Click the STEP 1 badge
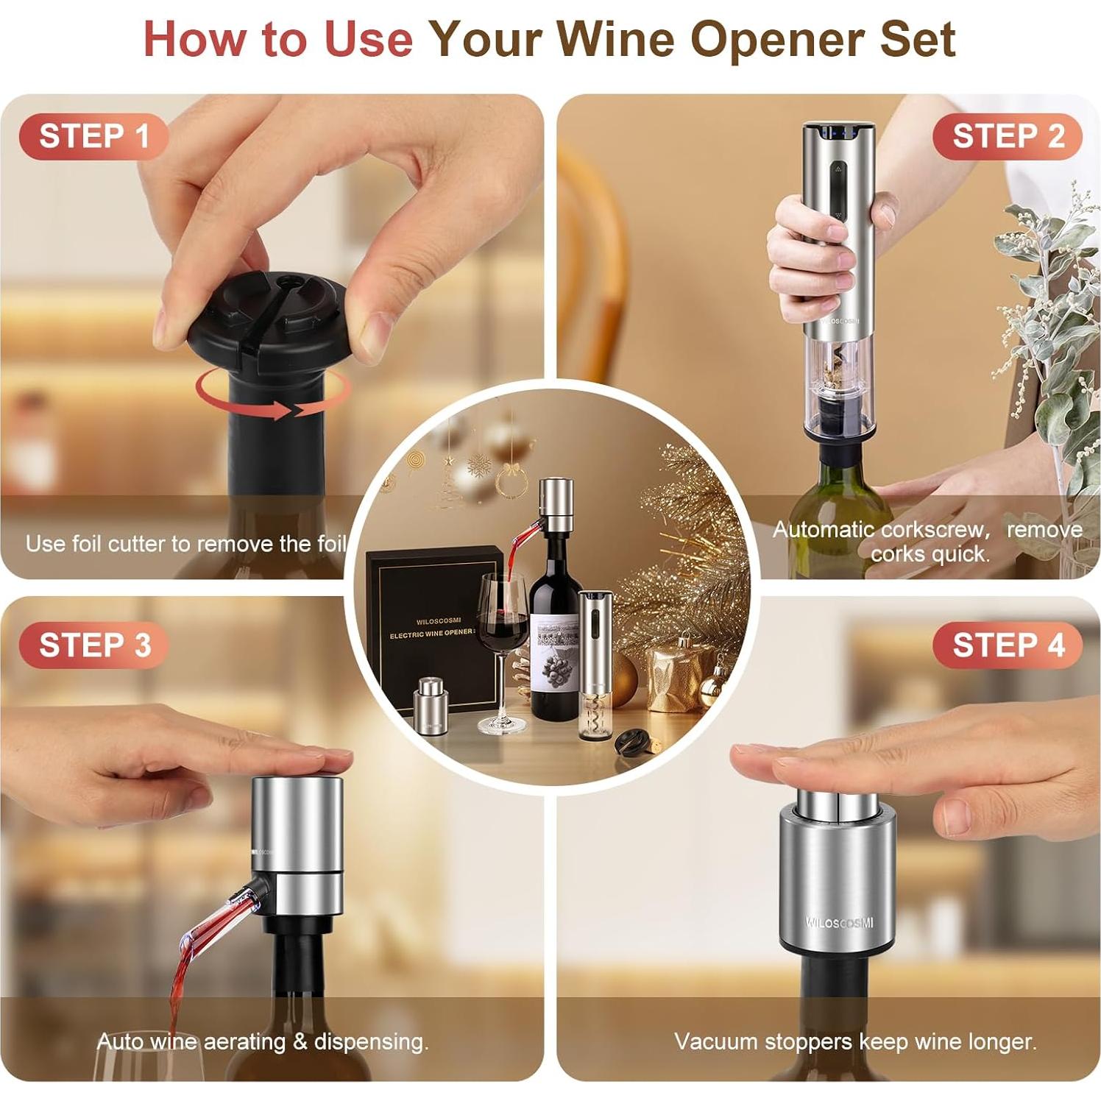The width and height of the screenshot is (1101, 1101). pyautogui.click(x=94, y=136)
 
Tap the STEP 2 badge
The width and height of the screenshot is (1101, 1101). pyautogui.click(x=1008, y=136)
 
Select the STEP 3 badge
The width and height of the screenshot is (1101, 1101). pyautogui.click(x=94, y=645)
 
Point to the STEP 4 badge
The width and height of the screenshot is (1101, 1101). pyautogui.click(x=1008, y=645)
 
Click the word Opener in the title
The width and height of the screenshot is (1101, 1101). pyautogui.click(x=778, y=39)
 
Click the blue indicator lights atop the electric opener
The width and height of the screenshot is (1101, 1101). pyautogui.click(x=838, y=134)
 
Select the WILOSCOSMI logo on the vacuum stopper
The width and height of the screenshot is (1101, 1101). pyautogui.click(x=838, y=922)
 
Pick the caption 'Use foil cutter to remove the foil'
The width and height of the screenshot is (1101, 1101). pyautogui.click(x=185, y=544)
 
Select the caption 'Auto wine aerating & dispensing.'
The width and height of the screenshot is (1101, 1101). pyautogui.click(x=263, y=1041)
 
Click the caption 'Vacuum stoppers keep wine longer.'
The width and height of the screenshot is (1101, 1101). pyautogui.click(x=855, y=1041)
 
